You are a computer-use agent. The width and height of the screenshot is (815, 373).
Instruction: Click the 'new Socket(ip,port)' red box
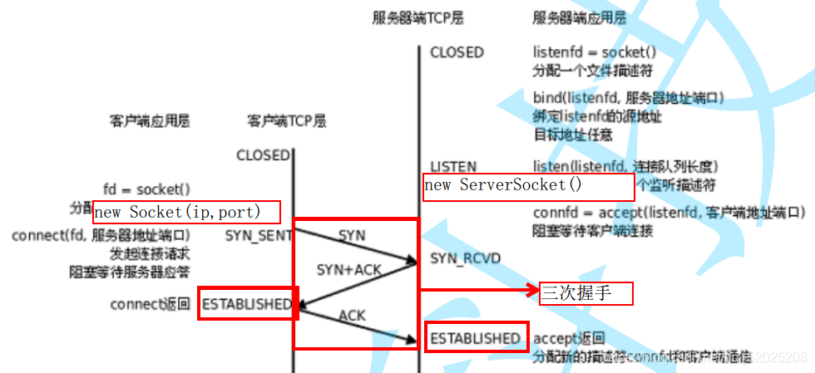(x=186, y=212)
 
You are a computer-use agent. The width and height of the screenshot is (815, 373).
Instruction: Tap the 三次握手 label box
(x=586, y=293)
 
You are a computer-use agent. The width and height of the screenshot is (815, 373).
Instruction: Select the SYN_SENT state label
(x=258, y=236)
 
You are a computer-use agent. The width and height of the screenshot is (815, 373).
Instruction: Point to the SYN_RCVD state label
(x=466, y=258)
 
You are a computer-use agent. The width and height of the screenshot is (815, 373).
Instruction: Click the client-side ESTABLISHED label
(x=247, y=305)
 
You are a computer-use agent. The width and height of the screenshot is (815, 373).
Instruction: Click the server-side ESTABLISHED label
(x=475, y=338)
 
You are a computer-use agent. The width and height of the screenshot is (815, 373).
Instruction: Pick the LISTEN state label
(x=453, y=166)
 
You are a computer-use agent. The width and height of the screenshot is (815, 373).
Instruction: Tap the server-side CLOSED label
(x=457, y=52)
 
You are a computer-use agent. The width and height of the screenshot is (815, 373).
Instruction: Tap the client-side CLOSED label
(x=263, y=155)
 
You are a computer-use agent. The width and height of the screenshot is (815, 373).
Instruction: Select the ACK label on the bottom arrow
(x=352, y=315)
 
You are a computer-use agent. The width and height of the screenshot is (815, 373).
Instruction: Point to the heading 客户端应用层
(x=150, y=121)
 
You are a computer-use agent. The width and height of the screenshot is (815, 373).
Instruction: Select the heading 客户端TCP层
(x=286, y=121)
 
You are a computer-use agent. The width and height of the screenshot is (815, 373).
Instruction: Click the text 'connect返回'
(x=151, y=305)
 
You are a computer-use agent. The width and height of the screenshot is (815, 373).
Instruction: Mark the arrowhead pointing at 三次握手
(x=532, y=290)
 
